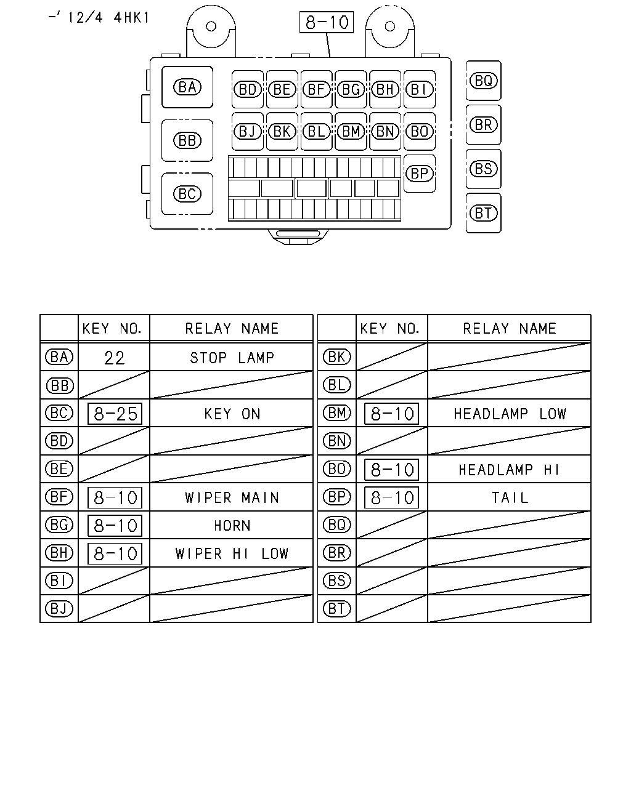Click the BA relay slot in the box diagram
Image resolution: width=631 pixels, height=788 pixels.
(187, 87)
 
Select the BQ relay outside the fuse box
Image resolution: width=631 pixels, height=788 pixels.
(483, 81)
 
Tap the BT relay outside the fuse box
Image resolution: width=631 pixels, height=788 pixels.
(483, 213)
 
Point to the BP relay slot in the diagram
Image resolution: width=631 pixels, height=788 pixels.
(420, 174)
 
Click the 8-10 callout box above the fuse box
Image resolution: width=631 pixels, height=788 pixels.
(327, 22)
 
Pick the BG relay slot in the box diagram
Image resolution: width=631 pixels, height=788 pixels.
(351, 89)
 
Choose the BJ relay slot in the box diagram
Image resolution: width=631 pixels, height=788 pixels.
(248, 132)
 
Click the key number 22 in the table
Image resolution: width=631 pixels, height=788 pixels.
(114, 358)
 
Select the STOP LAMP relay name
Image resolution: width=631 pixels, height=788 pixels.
(232, 358)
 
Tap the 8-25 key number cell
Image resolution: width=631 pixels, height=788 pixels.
(115, 414)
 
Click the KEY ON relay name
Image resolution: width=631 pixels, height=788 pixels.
(232, 414)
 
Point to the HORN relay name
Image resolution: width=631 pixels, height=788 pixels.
(232, 526)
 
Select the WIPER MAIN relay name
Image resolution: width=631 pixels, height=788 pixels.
(232, 497)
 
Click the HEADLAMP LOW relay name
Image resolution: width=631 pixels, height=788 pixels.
(510, 414)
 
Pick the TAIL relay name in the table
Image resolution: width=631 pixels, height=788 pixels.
(510, 497)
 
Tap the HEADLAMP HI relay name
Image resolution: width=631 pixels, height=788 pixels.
(509, 470)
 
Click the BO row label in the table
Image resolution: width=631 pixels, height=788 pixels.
(336, 468)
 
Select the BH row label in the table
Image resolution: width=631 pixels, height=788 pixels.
(59, 553)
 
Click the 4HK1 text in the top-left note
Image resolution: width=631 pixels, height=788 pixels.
(131, 18)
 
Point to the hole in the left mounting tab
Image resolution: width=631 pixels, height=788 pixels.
(211, 26)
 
